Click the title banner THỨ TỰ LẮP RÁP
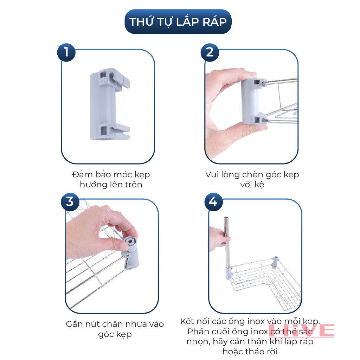[x=178, y=21]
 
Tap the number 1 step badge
[x=66, y=52]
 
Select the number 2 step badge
[x=210, y=52]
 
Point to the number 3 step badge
[x=70, y=202]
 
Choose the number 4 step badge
[x=213, y=202]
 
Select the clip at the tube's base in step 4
[x=230, y=272]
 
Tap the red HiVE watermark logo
[x=301, y=330]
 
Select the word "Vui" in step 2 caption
[x=212, y=175]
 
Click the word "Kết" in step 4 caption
[x=187, y=321]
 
